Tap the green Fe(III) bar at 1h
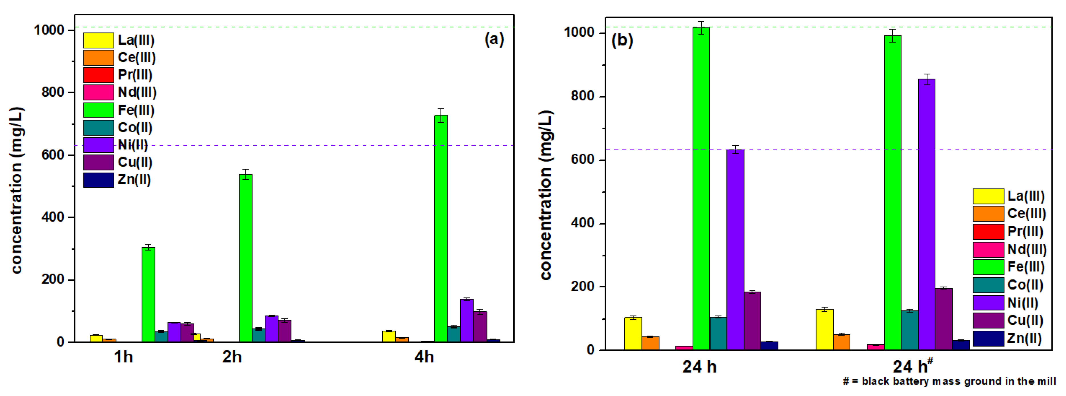point(148,294)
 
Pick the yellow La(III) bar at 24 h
point(633,334)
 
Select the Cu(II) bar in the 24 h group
point(752,321)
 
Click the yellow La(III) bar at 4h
point(389,336)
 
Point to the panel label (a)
point(494,39)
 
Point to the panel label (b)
point(622,40)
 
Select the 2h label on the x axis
point(232,357)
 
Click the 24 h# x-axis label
point(912,366)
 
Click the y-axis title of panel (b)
point(546,195)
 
